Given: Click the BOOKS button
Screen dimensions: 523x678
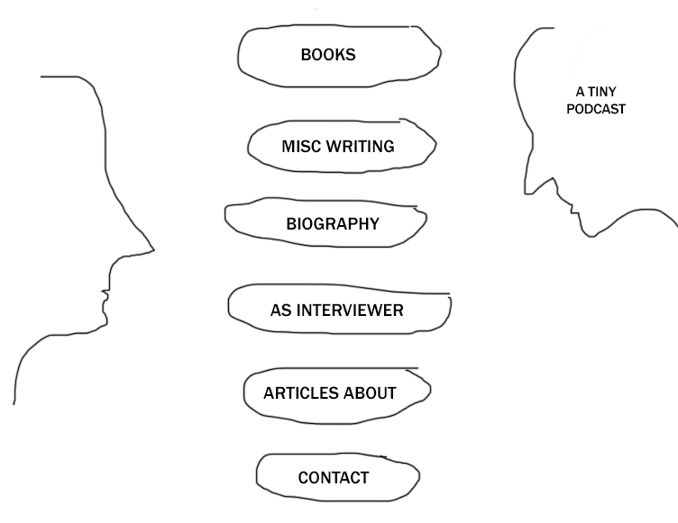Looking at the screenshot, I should click(x=328, y=55).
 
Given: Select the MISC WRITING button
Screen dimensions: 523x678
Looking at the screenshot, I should click(x=338, y=146).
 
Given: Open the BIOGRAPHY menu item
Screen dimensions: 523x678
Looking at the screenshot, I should click(x=333, y=224).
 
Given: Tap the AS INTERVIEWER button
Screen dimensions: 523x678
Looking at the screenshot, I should click(x=337, y=311).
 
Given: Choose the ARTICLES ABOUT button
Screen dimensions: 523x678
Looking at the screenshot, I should click(x=330, y=393).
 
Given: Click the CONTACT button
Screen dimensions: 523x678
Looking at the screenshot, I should click(x=334, y=478).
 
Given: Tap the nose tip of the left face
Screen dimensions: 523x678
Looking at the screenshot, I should click(x=152, y=248).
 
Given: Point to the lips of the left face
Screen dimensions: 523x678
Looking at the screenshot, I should click(x=105, y=296).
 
